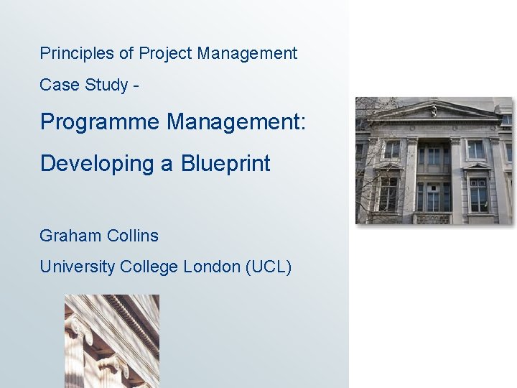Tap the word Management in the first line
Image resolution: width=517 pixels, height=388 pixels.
pos(247,53)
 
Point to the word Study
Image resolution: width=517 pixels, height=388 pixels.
pos(107,85)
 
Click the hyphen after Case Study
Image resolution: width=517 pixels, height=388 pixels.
pos(136,86)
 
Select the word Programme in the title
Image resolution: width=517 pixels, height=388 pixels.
pos(100,122)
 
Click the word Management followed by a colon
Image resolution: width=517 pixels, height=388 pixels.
pos(236,122)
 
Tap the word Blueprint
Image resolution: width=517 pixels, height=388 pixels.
pos(225,164)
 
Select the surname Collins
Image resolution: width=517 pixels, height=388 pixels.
pos(132,236)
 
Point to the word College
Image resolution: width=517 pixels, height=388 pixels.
pos(149,267)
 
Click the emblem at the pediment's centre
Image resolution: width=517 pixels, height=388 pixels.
pos(434,110)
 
